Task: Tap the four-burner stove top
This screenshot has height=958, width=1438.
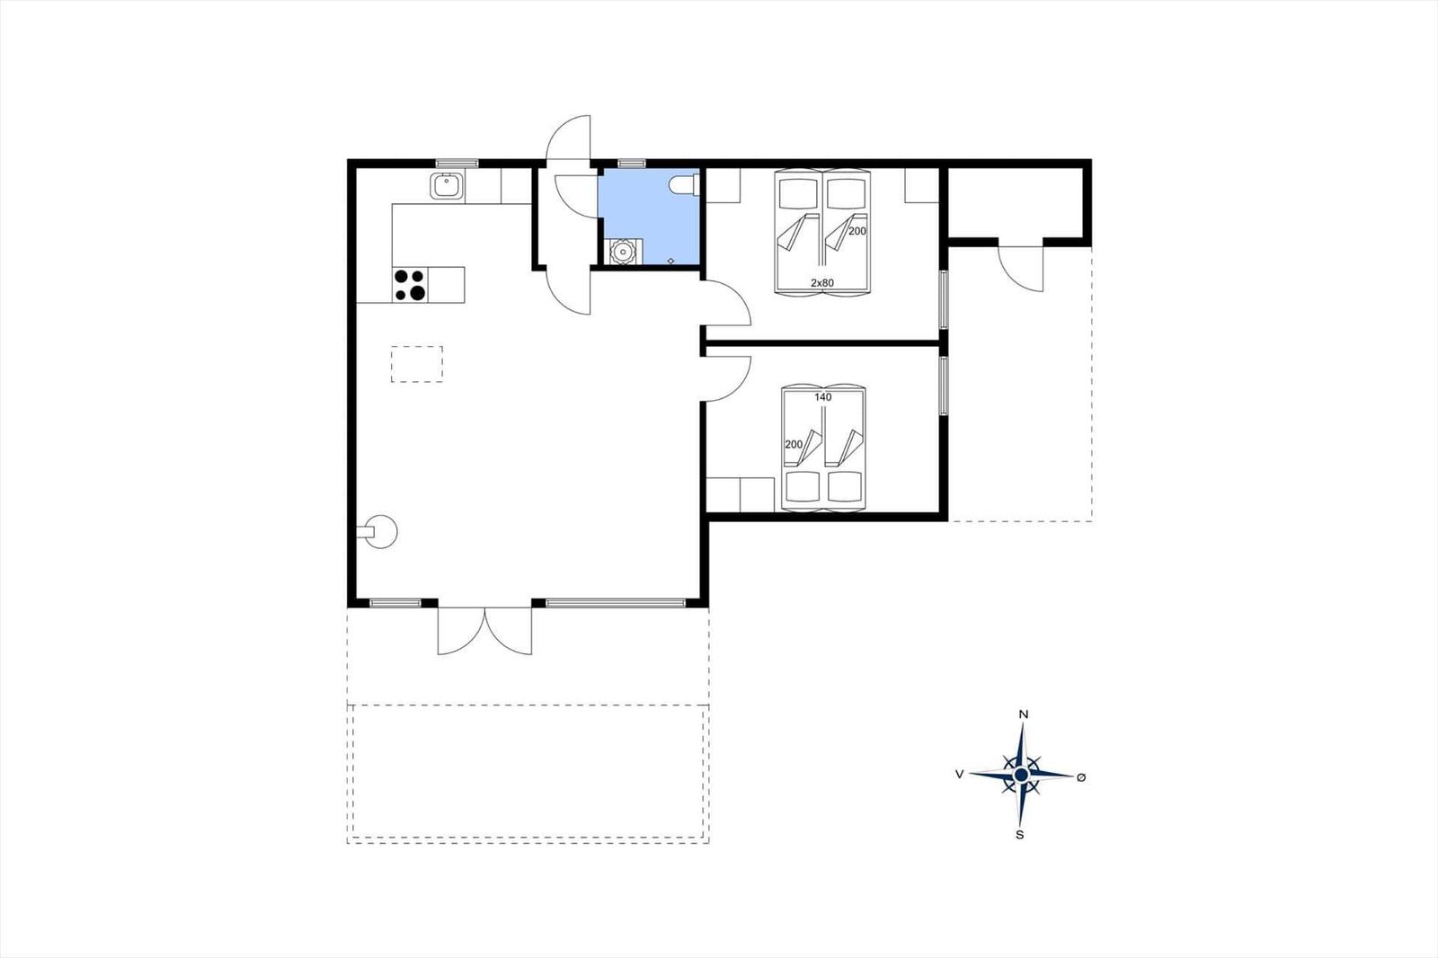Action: coord(410,285)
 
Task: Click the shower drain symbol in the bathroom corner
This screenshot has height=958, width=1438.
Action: coord(670,261)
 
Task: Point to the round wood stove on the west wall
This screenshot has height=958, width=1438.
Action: coord(380,532)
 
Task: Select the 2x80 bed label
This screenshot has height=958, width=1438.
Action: coord(822,282)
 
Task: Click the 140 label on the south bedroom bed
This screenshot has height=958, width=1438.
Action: coord(823,397)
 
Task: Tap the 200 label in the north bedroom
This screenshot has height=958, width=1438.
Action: coord(857,231)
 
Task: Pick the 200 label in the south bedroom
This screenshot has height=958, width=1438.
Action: coord(794,444)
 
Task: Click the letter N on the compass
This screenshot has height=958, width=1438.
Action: coord(1024,714)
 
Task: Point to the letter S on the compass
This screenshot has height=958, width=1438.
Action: coord(1019,836)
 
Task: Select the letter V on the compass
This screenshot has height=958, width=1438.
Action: coord(960,775)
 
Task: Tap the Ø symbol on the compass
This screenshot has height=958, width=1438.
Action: coord(1081,777)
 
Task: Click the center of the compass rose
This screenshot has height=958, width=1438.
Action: coord(1021,776)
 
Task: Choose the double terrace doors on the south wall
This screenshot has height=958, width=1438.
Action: coord(484,630)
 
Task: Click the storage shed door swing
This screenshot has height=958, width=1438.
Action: coord(1021,268)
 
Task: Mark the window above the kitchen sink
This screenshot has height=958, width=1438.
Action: coord(457,163)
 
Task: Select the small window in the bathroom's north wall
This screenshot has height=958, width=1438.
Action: coord(631,163)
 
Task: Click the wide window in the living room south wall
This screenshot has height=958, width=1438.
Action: coord(616,603)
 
